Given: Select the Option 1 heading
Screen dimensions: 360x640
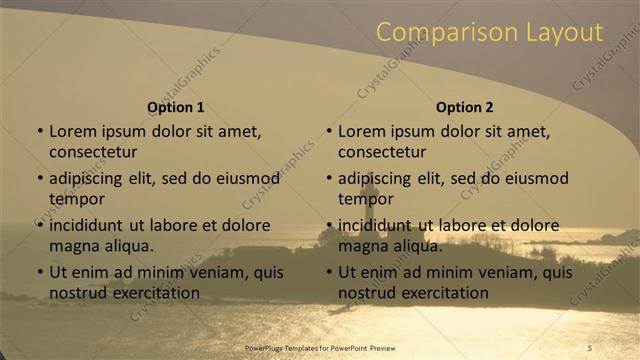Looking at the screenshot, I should [176, 107].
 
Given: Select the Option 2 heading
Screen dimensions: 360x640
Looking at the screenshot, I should [465, 107].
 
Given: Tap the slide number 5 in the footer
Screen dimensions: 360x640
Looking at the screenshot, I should [590, 347].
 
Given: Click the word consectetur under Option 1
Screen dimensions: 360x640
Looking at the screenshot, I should [93, 152].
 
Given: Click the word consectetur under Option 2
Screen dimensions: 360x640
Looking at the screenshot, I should [382, 152].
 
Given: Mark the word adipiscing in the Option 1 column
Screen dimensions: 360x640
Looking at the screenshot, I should [90, 178].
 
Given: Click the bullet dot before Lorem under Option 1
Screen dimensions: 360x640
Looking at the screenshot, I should [40, 131].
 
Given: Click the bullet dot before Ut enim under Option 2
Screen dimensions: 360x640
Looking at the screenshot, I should [329, 272].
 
